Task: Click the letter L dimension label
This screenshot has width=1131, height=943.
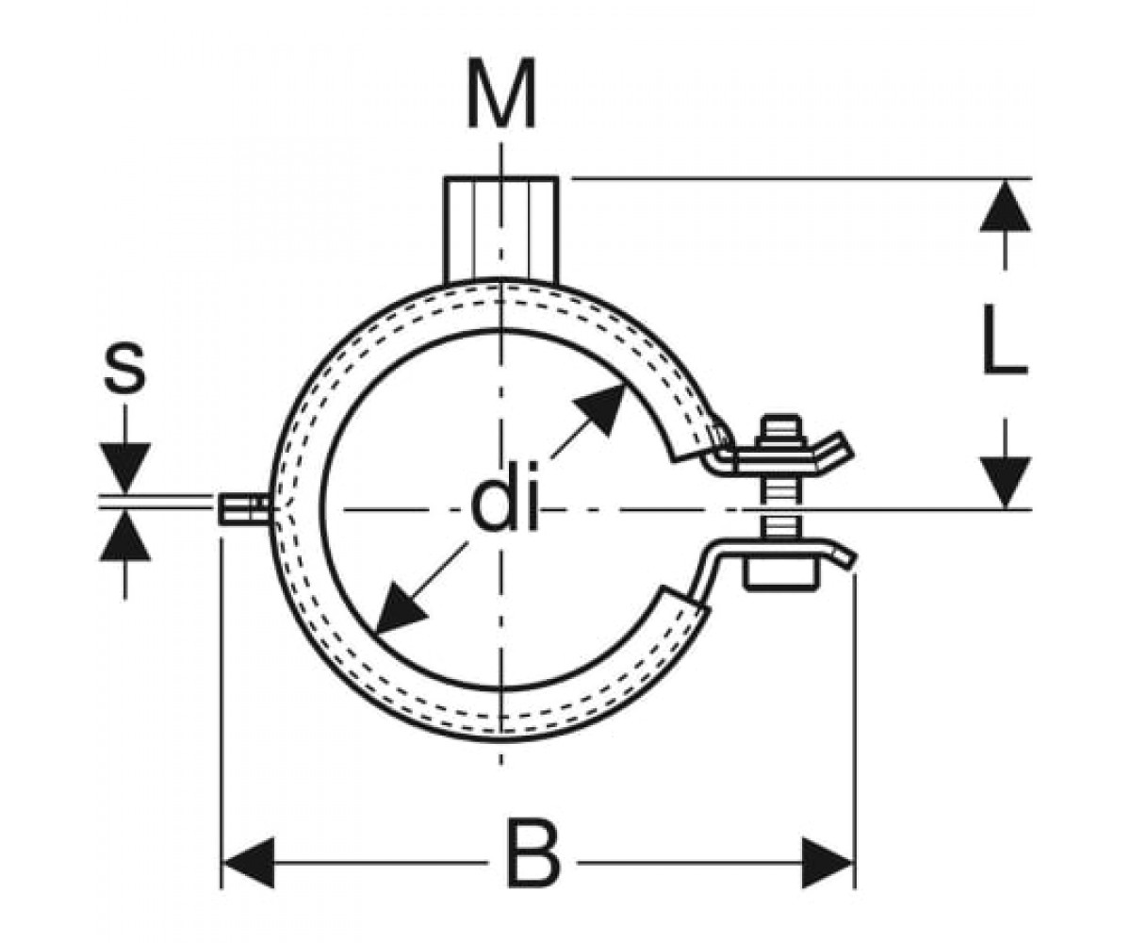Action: (x=1005, y=339)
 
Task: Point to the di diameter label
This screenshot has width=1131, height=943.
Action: (x=504, y=505)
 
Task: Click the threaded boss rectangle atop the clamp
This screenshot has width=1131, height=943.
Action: (x=500, y=230)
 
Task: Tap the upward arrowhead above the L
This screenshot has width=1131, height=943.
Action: (x=1005, y=206)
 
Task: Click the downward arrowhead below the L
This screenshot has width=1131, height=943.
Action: (x=1005, y=482)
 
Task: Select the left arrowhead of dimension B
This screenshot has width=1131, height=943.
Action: (x=249, y=863)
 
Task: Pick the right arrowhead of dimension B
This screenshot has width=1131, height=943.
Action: (x=828, y=863)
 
